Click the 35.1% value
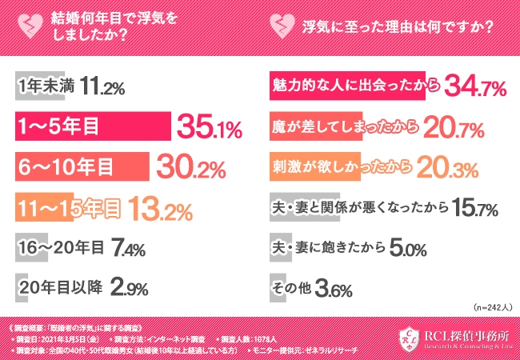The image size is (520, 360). tap(210, 126)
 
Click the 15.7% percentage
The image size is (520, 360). tap(475, 210)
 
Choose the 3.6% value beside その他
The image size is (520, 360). tap(334, 289)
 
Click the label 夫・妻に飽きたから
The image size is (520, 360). tap(326, 248)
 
